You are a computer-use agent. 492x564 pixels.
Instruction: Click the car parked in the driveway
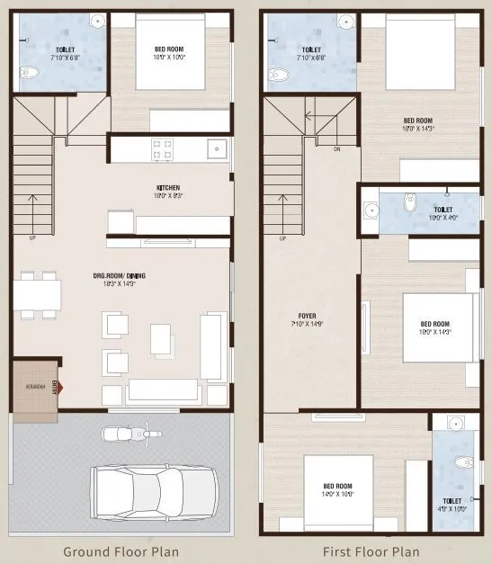[154, 491]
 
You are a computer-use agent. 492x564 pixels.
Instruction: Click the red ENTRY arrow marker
[61, 388]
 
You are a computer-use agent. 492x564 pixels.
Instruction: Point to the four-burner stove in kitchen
[163, 149]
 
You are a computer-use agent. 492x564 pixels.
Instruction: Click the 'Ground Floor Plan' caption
[120, 551]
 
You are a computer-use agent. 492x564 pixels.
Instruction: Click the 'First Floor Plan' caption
[371, 551]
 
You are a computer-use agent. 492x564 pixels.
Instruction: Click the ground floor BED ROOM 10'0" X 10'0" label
[170, 53]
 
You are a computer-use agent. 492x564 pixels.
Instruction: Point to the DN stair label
[337, 149]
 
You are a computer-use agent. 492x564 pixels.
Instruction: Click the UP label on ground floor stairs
[33, 239]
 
